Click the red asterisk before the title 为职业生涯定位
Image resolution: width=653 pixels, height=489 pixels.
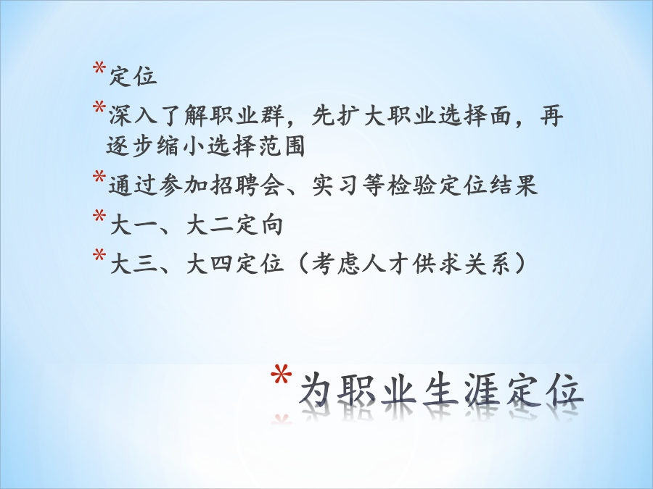click(x=281, y=375)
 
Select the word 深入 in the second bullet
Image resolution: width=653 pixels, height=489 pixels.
click(x=134, y=115)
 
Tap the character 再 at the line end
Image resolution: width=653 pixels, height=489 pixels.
click(x=551, y=115)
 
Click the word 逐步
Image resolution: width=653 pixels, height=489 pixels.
click(x=131, y=146)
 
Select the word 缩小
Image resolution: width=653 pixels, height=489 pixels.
click(x=181, y=146)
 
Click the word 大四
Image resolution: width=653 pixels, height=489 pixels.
click(x=210, y=264)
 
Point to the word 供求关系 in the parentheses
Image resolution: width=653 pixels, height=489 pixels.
click(x=462, y=264)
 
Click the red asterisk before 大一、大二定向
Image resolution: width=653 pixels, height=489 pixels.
click(x=99, y=216)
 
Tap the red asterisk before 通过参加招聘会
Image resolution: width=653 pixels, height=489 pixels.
click(x=99, y=177)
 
